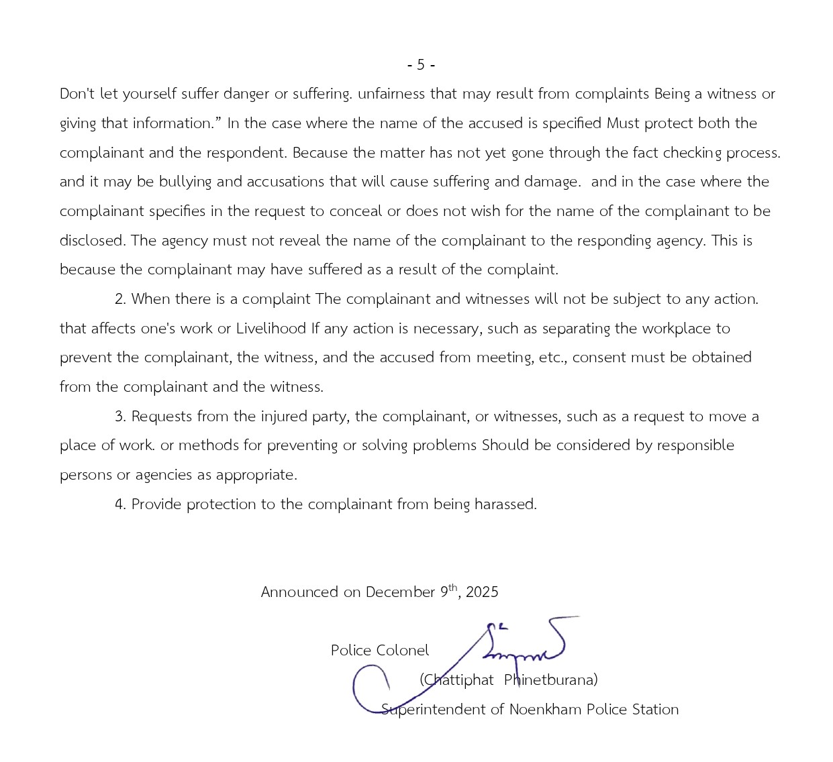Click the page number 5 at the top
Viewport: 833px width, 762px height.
421,65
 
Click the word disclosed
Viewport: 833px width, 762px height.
92,241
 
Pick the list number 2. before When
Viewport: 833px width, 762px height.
120,299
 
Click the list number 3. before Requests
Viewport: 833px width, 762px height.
120,417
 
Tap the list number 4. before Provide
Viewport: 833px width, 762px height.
120,504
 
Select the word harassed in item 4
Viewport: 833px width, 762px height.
505,504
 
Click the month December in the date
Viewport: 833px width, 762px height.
400,592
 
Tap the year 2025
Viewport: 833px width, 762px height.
482,592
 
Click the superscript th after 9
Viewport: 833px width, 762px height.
453,588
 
